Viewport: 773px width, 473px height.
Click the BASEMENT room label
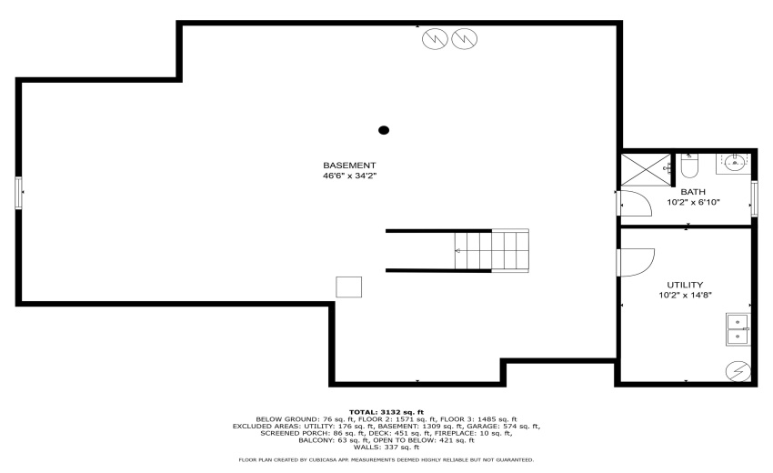click(x=349, y=166)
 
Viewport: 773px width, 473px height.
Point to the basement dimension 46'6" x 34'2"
click(x=349, y=176)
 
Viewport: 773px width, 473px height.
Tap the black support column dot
click(x=384, y=130)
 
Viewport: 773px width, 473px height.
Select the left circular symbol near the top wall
click(x=437, y=40)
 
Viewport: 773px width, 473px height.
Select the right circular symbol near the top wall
click(x=464, y=40)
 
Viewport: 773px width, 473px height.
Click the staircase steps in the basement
click(x=491, y=250)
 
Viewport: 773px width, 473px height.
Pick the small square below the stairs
click(x=348, y=287)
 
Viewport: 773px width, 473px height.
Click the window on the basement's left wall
click(x=19, y=193)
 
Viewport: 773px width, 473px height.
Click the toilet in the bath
click(x=688, y=166)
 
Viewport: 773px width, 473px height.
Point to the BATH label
click(x=693, y=192)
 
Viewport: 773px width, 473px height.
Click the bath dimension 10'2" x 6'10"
click(x=693, y=203)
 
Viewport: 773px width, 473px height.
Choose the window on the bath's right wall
click(x=754, y=197)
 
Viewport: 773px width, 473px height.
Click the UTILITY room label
click(x=685, y=285)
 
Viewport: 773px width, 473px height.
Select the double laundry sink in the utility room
click(x=737, y=328)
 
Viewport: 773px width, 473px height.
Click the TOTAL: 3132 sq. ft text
click(x=386, y=411)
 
